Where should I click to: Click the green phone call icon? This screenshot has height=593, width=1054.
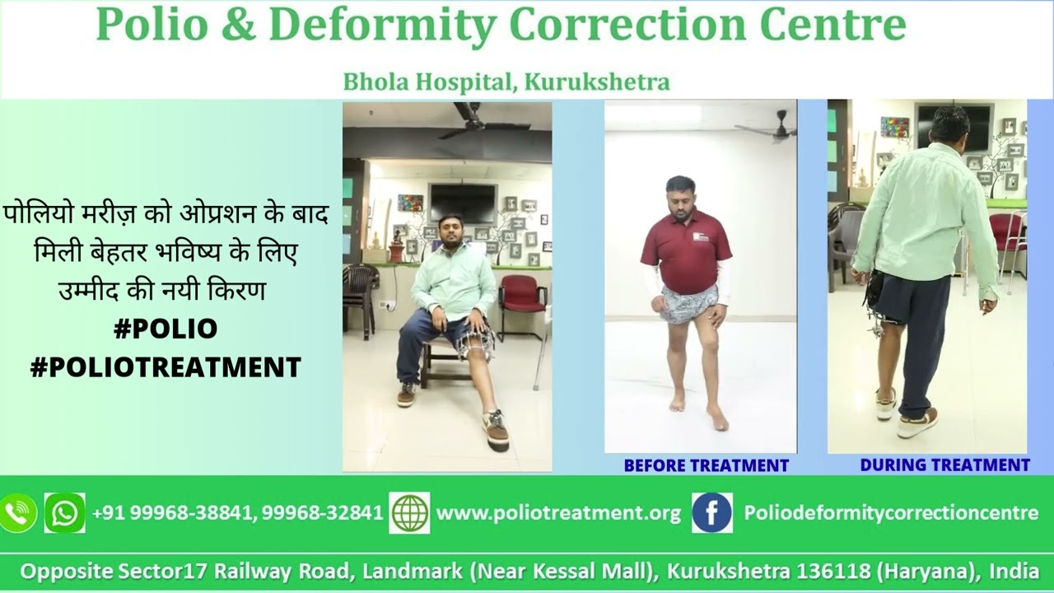pyautogui.click(x=18, y=513)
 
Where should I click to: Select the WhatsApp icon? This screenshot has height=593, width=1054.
pyautogui.click(x=64, y=513)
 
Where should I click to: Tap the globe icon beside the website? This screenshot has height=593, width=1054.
pyautogui.click(x=409, y=513)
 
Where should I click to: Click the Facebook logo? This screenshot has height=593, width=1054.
pyautogui.click(x=711, y=513)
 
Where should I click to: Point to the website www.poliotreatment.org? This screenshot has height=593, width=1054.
pyautogui.click(x=558, y=513)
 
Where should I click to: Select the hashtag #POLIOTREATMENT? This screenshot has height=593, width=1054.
pyautogui.click(x=166, y=367)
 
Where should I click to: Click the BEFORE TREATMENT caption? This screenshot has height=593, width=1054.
pyautogui.click(x=706, y=465)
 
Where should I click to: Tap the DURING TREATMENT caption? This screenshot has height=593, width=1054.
pyautogui.click(x=944, y=465)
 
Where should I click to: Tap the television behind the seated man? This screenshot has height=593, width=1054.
pyautogui.click(x=462, y=202)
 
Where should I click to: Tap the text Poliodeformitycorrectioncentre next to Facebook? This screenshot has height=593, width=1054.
pyautogui.click(x=891, y=513)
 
